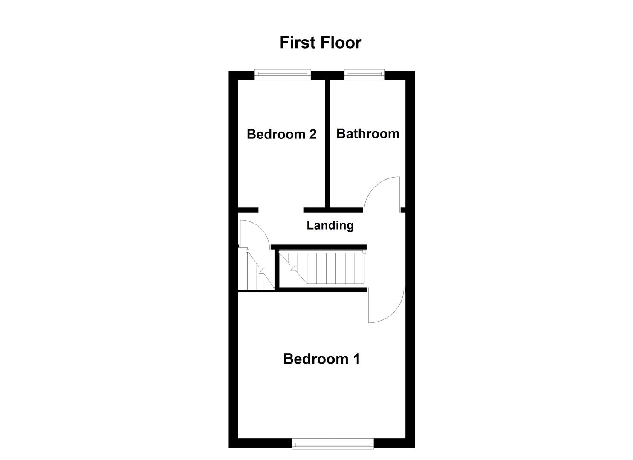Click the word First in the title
click(x=297, y=43)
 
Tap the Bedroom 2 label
click(x=281, y=134)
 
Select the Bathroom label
click(x=367, y=133)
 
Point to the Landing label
click(x=330, y=225)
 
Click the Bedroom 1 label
click(x=321, y=359)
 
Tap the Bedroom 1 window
click(x=333, y=444)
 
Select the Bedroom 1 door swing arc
click(x=390, y=313)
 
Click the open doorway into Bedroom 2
click(x=281, y=210)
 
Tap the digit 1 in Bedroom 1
click(x=356, y=359)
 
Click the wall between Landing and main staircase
click(x=319, y=247)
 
